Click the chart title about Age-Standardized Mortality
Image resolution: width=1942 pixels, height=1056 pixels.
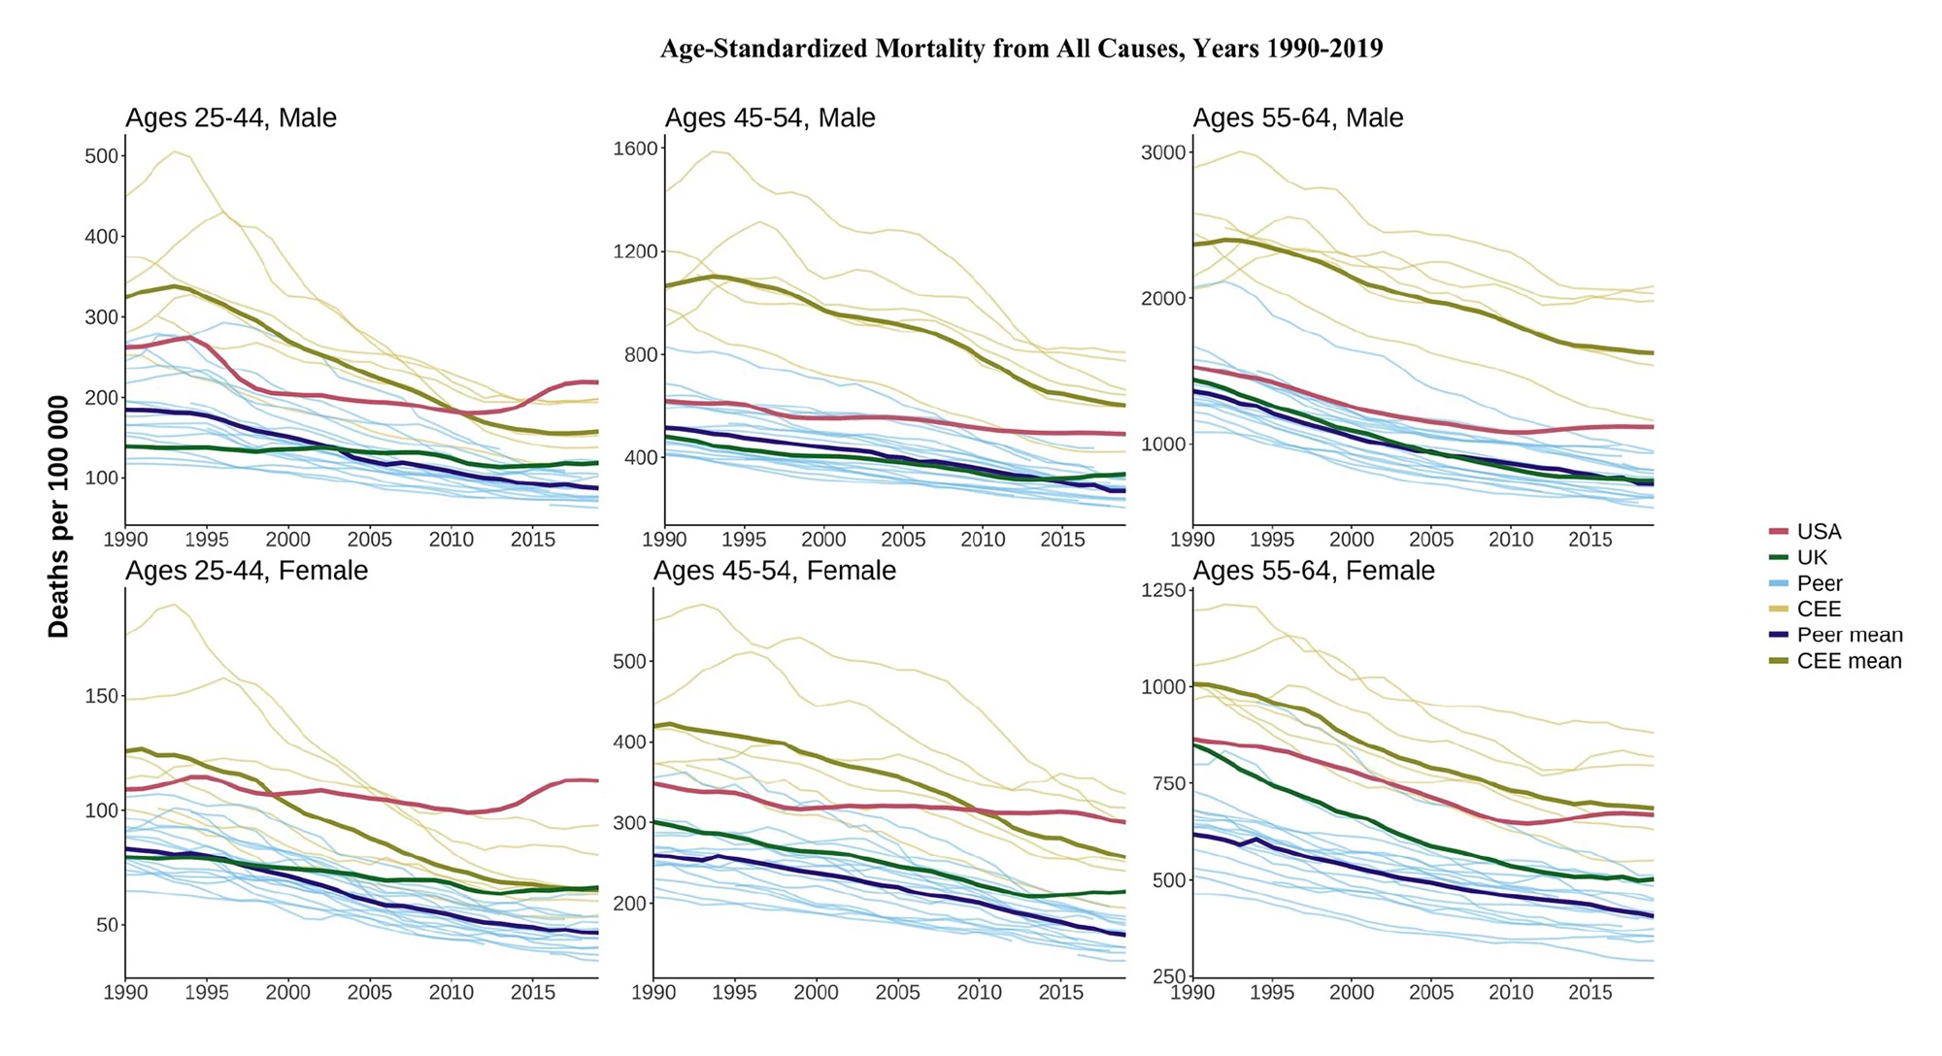pyautogui.click(x=1021, y=49)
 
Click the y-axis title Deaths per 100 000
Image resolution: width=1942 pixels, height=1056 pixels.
pyautogui.click(x=59, y=516)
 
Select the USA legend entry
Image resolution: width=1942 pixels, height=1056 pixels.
pyautogui.click(x=1818, y=532)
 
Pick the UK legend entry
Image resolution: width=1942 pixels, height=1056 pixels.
pyautogui.click(x=1811, y=558)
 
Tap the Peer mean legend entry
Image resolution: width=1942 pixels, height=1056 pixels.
pyautogui.click(x=1849, y=636)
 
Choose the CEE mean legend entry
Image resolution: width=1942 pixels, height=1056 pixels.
pyautogui.click(x=1849, y=662)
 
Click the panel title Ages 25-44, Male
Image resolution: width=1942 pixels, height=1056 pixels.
pyautogui.click(x=231, y=118)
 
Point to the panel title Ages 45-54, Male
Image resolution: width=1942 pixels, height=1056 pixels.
pyautogui.click(x=770, y=118)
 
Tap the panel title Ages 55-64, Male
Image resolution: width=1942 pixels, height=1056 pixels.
pyautogui.click(x=1298, y=118)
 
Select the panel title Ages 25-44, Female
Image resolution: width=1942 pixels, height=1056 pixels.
pyautogui.click(x=247, y=571)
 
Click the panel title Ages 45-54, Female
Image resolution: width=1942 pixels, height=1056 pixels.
pyautogui.click(x=775, y=571)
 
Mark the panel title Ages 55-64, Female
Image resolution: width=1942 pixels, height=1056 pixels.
pyautogui.click(x=1314, y=571)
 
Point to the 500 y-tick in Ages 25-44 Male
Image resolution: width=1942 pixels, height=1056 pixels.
pyautogui.click(x=102, y=156)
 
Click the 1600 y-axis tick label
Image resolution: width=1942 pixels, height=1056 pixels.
pyautogui.click(x=636, y=148)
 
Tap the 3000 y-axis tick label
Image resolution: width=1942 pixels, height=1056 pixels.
pyautogui.click(x=1164, y=152)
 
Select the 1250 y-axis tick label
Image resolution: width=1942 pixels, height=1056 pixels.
pyautogui.click(x=1164, y=590)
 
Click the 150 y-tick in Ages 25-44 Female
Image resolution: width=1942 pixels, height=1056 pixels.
pyautogui.click(x=102, y=696)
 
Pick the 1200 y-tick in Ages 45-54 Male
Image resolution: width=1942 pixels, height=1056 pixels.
pyautogui.click(x=636, y=251)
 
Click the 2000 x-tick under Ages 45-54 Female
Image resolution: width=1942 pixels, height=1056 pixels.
pyautogui.click(x=817, y=993)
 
